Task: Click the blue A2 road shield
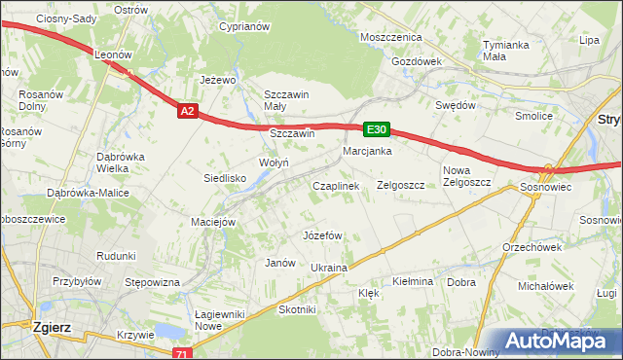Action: [188, 112]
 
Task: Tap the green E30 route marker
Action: [377, 128]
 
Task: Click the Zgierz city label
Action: [49, 328]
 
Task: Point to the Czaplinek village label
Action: [336, 185]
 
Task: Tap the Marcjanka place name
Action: [367, 152]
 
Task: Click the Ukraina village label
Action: [328, 268]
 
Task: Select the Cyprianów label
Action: [243, 27]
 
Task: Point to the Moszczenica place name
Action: [389, 37]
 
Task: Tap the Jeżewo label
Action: [218, 80]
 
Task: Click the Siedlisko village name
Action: [224, 178]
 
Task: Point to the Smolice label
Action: [533, 116]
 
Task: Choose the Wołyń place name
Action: [273, 162]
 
